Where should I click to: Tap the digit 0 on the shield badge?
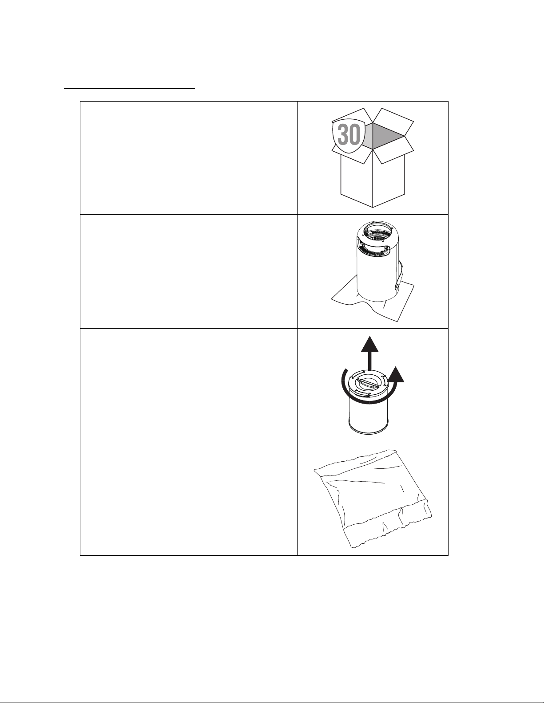[355, 134]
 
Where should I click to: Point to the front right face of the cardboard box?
[389, 178]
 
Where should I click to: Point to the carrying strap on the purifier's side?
[400, 274]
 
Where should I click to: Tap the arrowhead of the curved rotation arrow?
[396, 375]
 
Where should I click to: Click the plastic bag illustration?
[373, 498]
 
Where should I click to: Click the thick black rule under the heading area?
[129, 88]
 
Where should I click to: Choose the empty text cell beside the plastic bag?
[188, 499]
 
